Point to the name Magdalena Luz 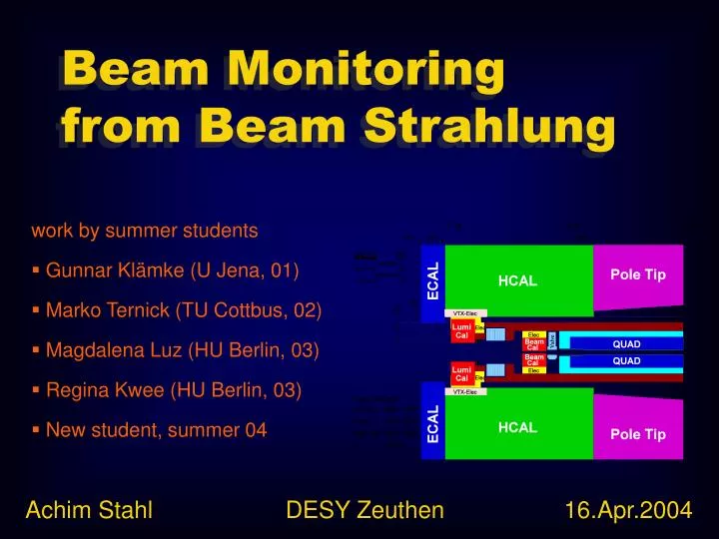pyautogui.click(x=119, y=350)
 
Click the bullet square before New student pyautogui.click(x=36, y=430)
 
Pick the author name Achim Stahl pyautogui.click(x=89, y=511)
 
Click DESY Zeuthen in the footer pyautogui.click(x=364, y=511)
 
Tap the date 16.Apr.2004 pyautogui.click(x=628, y=511)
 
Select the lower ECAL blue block pyautogui.click(x=432, y=424)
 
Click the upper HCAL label pyautogui.click(x=517, y=281)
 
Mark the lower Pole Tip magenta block pyautogui.click(x=639, y=428)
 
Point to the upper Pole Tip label pyautogui.click(x=639, y=274)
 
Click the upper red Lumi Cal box pyautogui.click(x=461, y=330)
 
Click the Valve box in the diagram pyautogui.click(x=551, y=340)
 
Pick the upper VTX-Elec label pyautogui.click(x=465, y=313)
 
